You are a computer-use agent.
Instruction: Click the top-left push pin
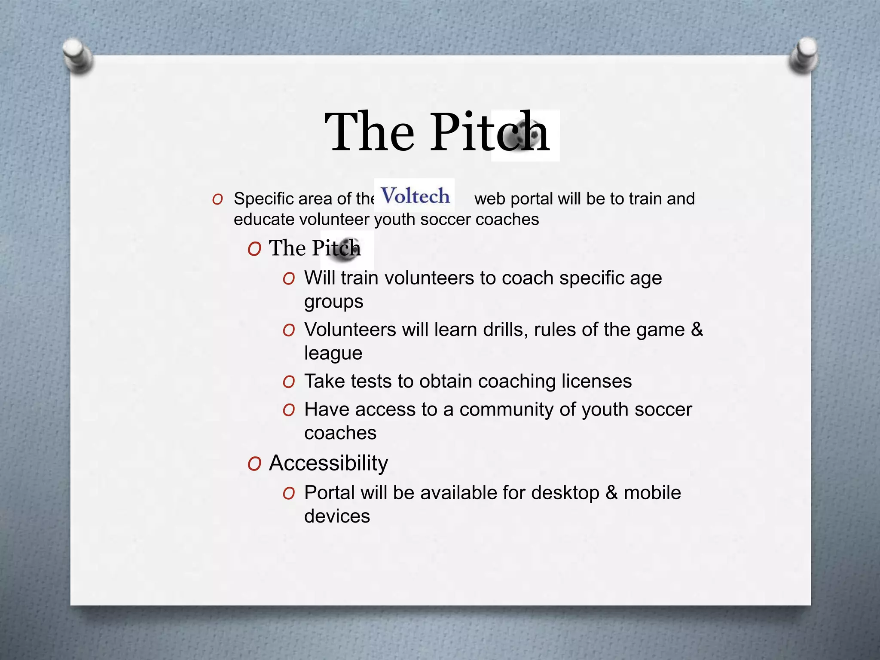[77, 56]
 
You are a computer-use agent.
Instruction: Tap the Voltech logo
[415, 196]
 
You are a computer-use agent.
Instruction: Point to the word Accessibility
[328, 463]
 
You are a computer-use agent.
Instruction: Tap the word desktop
[565, 493]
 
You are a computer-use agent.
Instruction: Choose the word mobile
[652, 493]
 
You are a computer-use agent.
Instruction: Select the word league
[333, 353]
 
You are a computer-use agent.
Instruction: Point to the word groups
[333, 302]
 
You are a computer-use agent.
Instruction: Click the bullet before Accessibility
[254, 464]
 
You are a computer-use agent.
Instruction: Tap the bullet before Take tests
[289, 382]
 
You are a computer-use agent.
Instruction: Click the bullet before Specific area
[217, 199]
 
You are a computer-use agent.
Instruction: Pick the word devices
[337, 516]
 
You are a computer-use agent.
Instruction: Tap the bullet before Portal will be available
[289, 493]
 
